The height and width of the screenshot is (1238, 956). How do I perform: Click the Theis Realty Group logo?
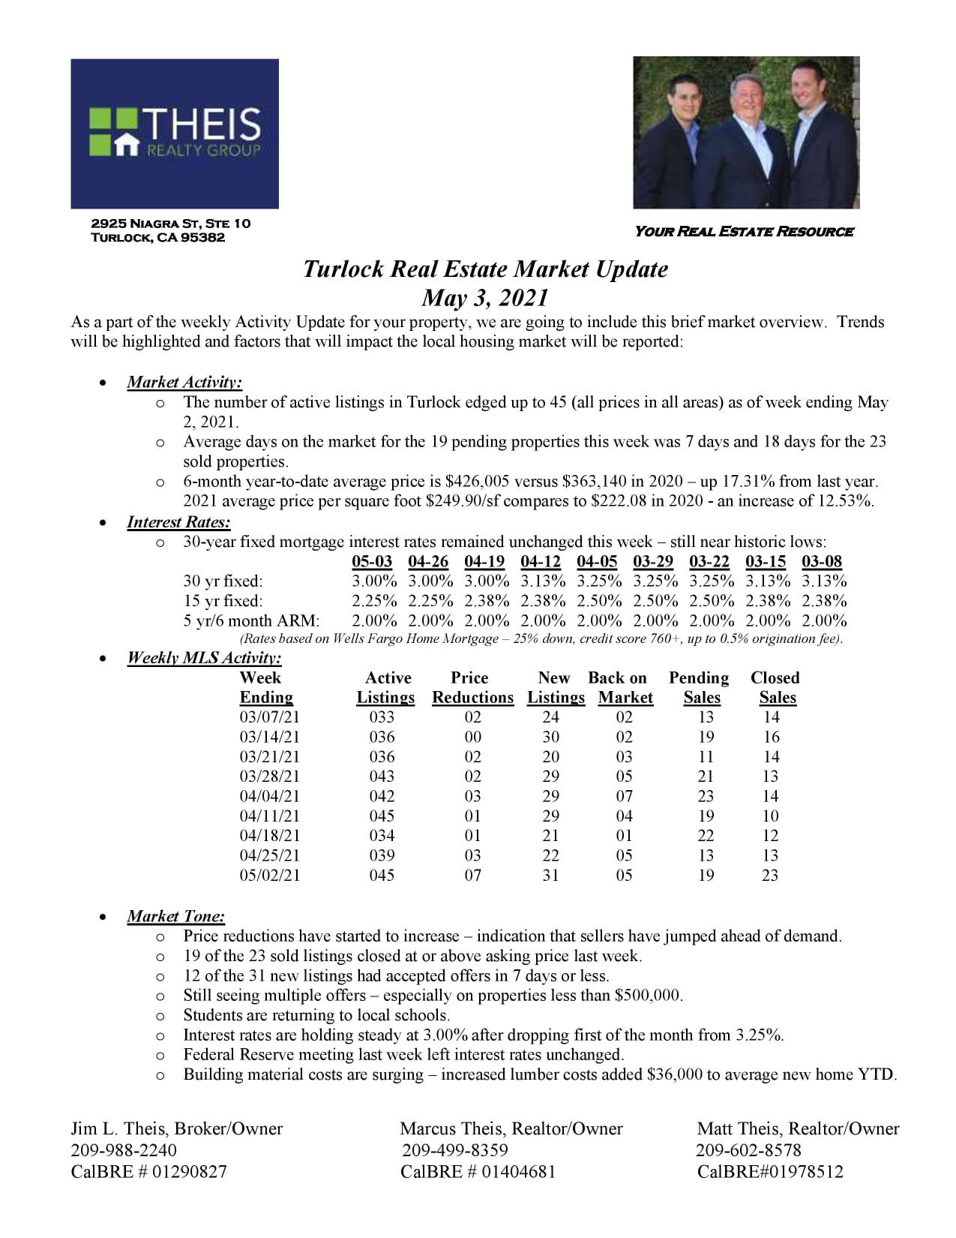pyautogui.click(x=175, y=134)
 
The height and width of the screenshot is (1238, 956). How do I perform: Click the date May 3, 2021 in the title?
pyautogui.click(x=485, y=298)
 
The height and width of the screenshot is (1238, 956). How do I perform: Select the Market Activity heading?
pyautogui.click(x=184, y=382)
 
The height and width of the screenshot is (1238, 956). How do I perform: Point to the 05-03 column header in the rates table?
pyautogui.click(x=372, y=561)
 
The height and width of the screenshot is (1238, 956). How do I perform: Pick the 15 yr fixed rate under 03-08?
pyautogui.click(x=824, y=601)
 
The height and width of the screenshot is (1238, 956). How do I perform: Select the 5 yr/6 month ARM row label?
pyautogui.click(x=251, y=621)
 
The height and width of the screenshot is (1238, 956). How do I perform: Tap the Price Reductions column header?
pyautogui.click(x=472, y=687)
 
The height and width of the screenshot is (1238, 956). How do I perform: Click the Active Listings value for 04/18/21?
pyautogui.click(x=382, y=836)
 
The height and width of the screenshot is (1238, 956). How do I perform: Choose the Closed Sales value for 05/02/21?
pyautogui.click(x=770, y=875)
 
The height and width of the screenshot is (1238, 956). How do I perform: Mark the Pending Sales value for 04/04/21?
pyautogui.click(x=706, y=796)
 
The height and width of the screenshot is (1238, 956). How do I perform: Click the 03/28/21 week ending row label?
pyautogui.click(x=270, y=777)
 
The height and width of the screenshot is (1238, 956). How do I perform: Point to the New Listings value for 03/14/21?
pyautogui.click(x=551, y=737)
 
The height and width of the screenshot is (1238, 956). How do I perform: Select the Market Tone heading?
pyautogui.click(x=175, y=916)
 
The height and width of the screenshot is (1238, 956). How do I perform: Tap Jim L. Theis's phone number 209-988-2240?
pyautogui.click(x=124, y=1150)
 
